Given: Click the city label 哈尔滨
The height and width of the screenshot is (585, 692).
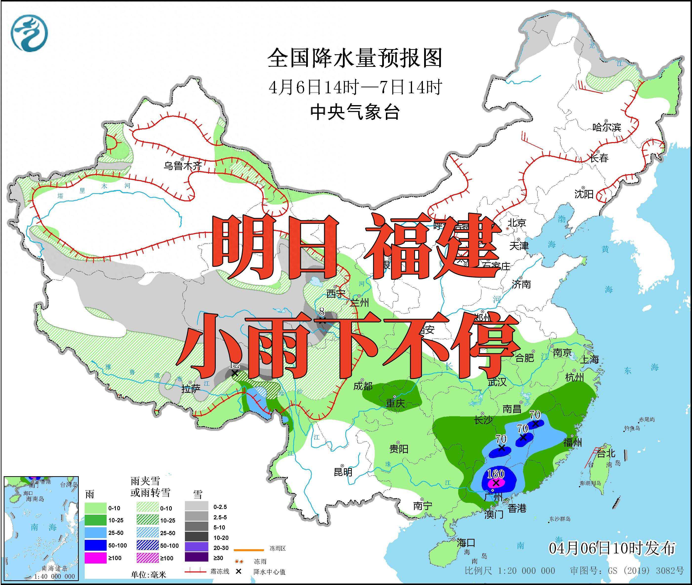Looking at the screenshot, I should tap(606, 127).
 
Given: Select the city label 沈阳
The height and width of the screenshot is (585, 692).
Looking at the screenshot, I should tap(584, 194).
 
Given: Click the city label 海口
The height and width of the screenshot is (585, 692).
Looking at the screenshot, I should tap(466, 543).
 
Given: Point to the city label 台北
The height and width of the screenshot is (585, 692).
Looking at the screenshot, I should tap(606, 453).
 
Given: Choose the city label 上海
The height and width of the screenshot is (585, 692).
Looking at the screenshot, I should tap(590, 359).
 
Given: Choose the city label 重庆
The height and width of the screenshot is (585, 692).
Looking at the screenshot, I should tap(395, 403).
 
